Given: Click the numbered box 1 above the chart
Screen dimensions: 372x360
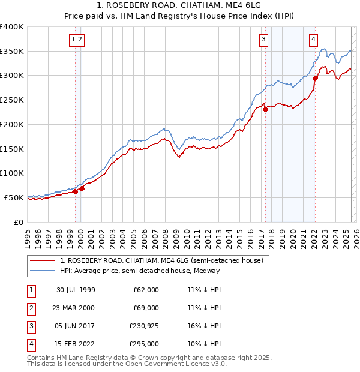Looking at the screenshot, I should [73, 40].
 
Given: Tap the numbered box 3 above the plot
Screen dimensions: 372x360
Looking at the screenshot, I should [263, 40].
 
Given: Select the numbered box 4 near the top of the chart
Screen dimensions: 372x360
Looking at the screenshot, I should [313, 40].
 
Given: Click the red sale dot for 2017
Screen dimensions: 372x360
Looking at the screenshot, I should [265, 109].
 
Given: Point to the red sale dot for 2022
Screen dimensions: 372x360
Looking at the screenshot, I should [315, 78].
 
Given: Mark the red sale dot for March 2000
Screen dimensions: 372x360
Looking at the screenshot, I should [82, 188].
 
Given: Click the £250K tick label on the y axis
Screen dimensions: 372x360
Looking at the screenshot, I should [12, 100].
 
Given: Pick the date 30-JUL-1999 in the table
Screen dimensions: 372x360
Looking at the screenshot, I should [76, 290].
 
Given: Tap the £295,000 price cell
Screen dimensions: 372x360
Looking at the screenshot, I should [144, 345].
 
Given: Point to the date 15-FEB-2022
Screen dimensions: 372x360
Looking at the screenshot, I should [76, 345].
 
